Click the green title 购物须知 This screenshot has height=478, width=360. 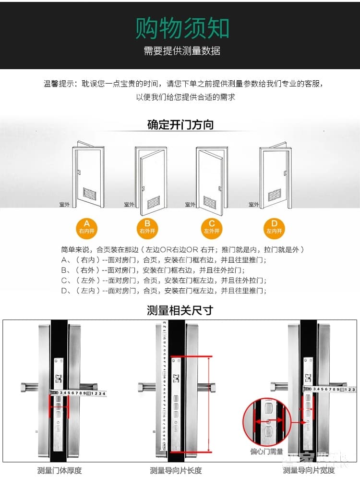[x=182, y=28]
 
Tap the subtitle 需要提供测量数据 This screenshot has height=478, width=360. [x=182, y=51]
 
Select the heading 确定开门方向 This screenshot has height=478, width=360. [x=180, y=125]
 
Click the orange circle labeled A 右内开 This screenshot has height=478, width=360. [x=86, y=227]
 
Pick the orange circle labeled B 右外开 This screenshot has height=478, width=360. [x=147, y=227]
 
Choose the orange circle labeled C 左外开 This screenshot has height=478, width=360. [x=212, y=227]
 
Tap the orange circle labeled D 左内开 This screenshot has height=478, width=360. [x=274, y=227]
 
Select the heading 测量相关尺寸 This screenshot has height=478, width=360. [x=180, y=310]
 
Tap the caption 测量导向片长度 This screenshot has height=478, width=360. [x=176, y=470]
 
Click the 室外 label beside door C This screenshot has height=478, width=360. [x=191, y=205]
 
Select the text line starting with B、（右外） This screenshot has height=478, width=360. [x=163, y=270]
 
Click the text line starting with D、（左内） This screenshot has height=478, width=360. [x=163, y=291]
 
